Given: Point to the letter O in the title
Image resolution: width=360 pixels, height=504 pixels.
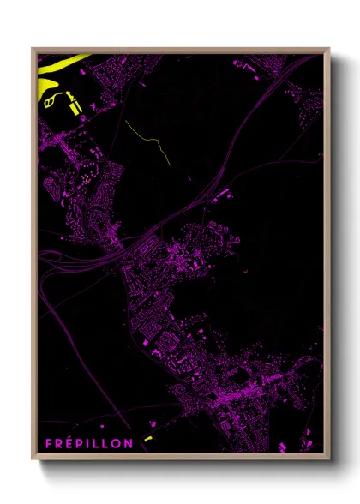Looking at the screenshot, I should [117, 443].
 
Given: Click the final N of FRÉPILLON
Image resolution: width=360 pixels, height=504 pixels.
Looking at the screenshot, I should [129, 443].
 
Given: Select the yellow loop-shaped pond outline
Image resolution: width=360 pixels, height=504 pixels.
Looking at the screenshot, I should [52, 102].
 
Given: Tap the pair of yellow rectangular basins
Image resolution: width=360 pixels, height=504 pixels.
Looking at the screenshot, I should [75, 106].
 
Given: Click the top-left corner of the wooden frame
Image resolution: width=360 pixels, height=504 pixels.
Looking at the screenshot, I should [33, 49].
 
